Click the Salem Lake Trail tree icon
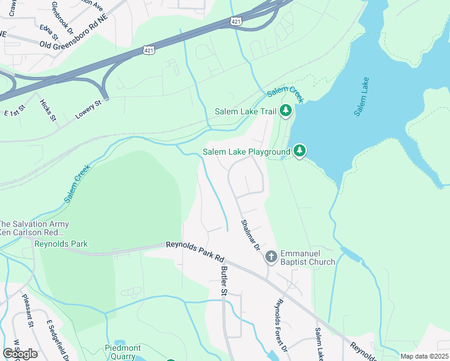point(286,111)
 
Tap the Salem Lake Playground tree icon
point(299,151)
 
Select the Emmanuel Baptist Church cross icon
point(271,257)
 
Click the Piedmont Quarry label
point(123,352)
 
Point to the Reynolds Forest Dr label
point(282,327)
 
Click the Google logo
point(20,353)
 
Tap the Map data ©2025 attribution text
point(424,356)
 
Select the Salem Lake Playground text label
point(246,152)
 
